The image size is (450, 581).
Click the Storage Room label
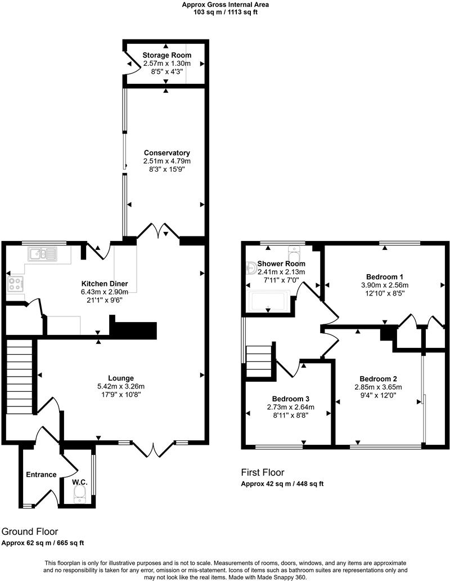click(166, 55)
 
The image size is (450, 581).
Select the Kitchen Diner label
click(105, 283)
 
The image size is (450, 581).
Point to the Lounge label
click(121, 378)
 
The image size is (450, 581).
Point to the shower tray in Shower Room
click(268, 301)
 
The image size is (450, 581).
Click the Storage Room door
click(131, 62)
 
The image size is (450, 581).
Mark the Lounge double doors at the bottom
click(154, 449)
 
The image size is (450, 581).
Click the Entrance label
click(41, 475)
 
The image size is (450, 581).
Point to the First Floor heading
click(263, 472)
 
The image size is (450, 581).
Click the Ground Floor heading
click(29, 531)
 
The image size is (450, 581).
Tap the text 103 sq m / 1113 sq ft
click(225, 12)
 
